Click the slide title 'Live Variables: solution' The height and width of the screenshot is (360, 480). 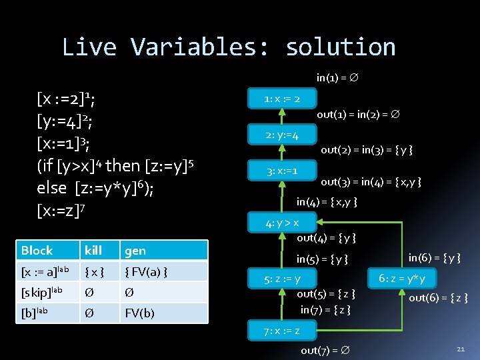(x=229, y=47)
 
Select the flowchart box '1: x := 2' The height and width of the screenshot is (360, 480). (x=282, y=99)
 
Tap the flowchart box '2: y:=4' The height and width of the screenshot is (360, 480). (x=282, y=135)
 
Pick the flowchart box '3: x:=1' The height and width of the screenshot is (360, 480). (x=282, y=171)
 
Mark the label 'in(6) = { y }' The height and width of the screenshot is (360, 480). (x=434, y=257)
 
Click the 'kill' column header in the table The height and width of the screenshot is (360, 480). (x=93, y=251)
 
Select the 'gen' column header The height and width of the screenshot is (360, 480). (x=135, y=251)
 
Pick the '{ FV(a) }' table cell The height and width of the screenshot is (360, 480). (x=146, y=271)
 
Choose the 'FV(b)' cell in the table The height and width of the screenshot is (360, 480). (x=139, y=313)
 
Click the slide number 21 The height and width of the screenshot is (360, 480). (x=461, y=349)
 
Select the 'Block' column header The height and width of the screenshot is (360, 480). (x=37, y=251)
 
